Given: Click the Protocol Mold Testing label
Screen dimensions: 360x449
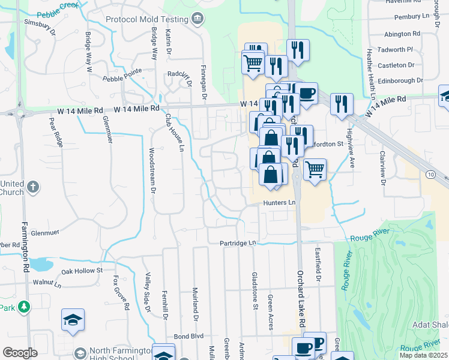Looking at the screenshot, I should [x=147, y=20].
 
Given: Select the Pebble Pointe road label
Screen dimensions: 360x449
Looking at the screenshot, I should [x=122, y=74].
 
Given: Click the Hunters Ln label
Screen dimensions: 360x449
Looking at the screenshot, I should [x=279, y=203].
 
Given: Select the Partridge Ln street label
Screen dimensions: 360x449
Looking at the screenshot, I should [x=237, y=243].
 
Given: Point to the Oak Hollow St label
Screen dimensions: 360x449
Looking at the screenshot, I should [x=82, y=271].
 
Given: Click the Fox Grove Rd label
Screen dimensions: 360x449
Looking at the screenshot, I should [x=118, y=292].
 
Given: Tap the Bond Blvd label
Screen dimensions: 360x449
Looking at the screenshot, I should [x=188, y=336].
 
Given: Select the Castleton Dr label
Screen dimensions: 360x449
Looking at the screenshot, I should [x=399, y=65].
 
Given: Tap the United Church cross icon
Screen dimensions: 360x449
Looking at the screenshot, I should [x=33, y=187].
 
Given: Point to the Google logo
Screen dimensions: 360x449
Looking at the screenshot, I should [x=20, y=353].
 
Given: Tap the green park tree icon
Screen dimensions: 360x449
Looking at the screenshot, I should [x=24, y=307].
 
